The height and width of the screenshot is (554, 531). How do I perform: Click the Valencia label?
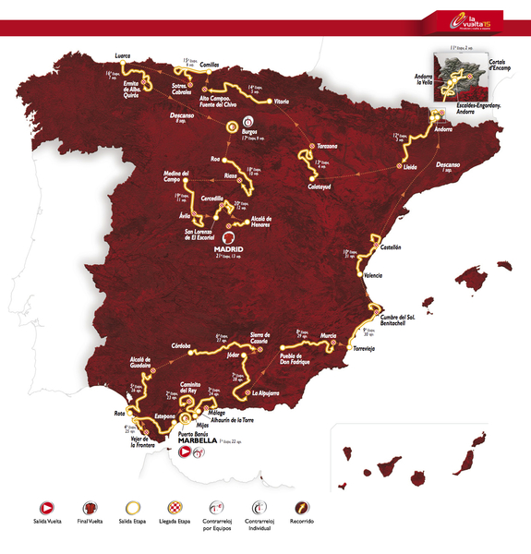(x=372, y=275)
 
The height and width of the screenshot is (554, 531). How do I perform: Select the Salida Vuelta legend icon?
(x=44, y=509)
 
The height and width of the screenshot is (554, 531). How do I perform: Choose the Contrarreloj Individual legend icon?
(x=260, y=509)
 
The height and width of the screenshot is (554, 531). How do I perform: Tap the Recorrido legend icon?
(x=301, y=509)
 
